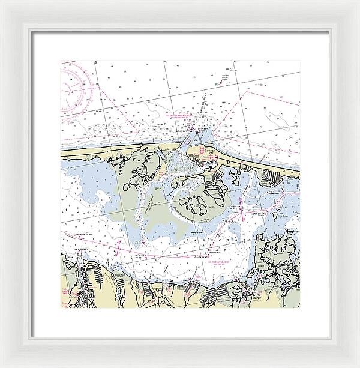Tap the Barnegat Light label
click(211, 152)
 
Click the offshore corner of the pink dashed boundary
click(247, 93)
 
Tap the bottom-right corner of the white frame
click(329, 337)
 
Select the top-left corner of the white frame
click(31, 31)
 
